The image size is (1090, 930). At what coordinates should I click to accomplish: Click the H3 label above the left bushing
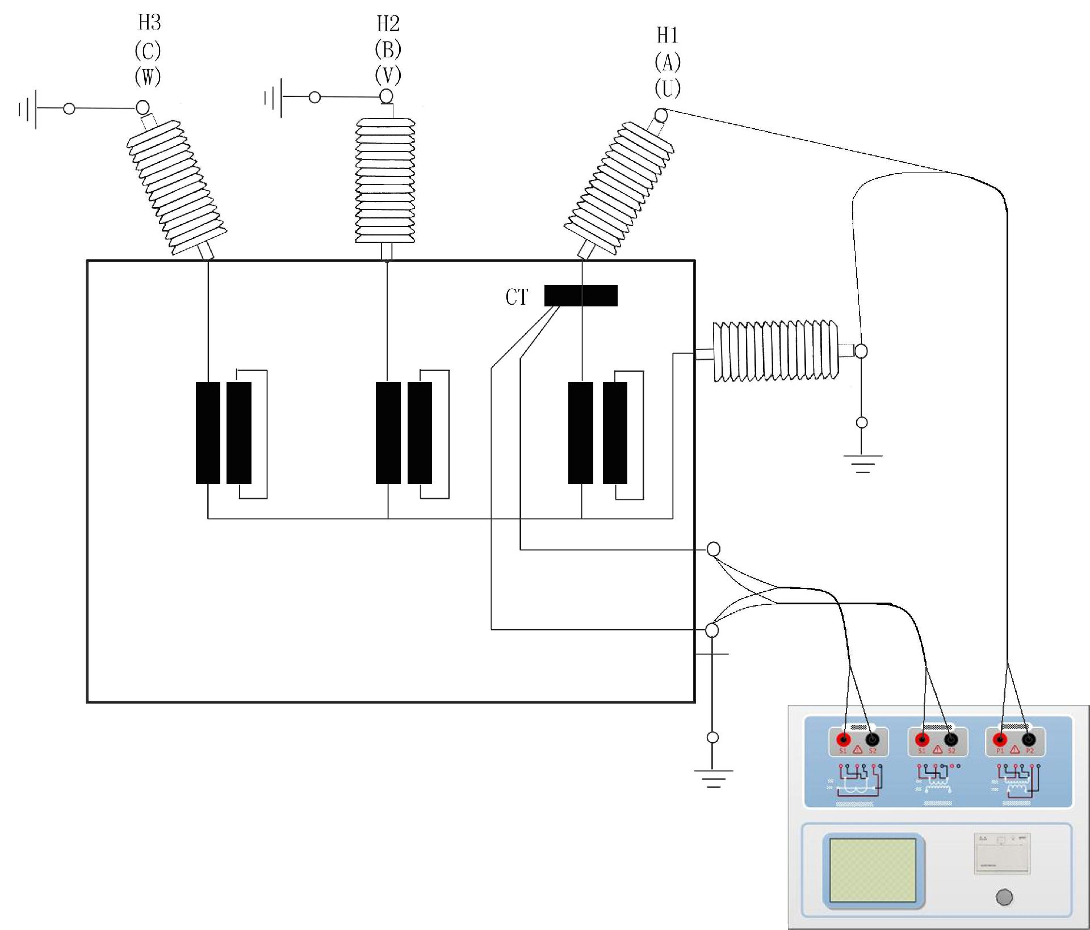click(x=150, y=23)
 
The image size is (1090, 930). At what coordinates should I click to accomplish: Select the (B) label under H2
click(x=388, y=50)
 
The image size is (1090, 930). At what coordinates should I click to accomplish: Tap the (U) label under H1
click(x=668, y=89)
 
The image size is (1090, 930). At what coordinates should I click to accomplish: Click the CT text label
click(x=517, y=297)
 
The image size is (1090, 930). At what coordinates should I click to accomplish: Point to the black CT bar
click(x=581, y=296)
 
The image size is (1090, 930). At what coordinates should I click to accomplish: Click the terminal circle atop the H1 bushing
click(x=661, y=116)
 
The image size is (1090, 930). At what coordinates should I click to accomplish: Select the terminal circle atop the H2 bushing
click(x=386, y=96)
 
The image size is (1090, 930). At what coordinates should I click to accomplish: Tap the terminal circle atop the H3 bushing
click(x=142, y=107)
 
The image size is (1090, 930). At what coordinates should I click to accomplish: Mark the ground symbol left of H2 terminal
click(x=273, y=98)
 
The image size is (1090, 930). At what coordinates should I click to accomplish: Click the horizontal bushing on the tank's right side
click(x=775, y=351)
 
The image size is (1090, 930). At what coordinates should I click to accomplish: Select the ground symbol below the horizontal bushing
click(x=862, y=463)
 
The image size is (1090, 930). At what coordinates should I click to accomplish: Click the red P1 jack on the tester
click(x=1000, y=740)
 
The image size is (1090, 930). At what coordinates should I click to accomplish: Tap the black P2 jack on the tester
click(x=1028, y=740)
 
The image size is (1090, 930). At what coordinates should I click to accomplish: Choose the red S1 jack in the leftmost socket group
click(x=844, y=740)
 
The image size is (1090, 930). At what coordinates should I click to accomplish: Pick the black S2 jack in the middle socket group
click(x=951, y=740)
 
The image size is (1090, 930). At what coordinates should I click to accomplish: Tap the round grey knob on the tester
click(x=1004, y=898)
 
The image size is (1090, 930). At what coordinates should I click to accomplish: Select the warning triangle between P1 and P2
click(x=1014, y=750)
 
